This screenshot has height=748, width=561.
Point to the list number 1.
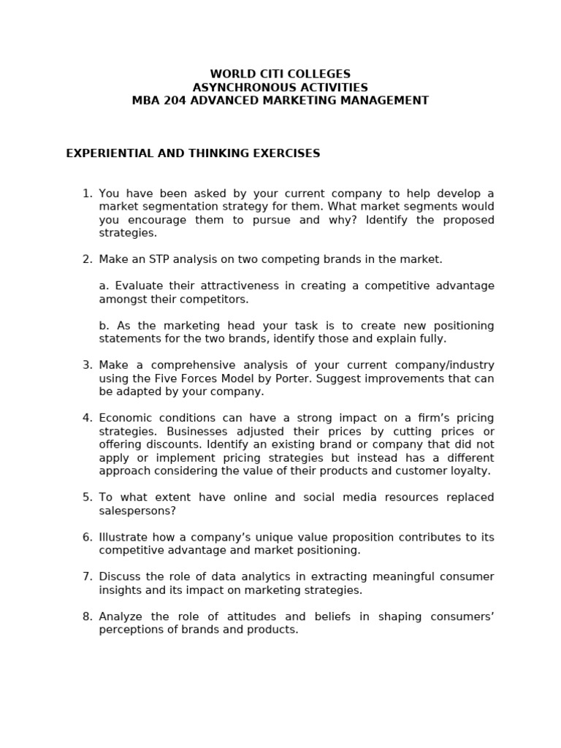(x=87, y=194)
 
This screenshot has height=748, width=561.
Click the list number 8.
(x=87, y=617)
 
